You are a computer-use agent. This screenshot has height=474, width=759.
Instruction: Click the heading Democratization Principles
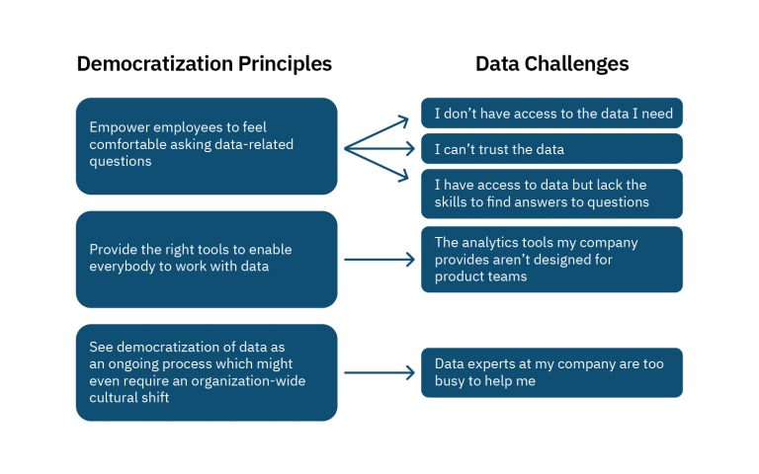tap(205, 64)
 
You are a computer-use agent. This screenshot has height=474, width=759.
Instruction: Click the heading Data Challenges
tap(551, 64)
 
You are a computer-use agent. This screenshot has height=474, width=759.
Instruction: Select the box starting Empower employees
tap(207, 145)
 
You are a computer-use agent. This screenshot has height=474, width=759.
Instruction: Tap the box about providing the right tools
tap(207, 259)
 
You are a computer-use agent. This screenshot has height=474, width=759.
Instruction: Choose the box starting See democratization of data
tap(207, 372)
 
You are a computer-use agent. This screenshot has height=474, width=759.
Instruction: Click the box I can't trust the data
tap(551, 149)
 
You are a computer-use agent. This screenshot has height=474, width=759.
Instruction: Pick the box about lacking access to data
tap(551, 114)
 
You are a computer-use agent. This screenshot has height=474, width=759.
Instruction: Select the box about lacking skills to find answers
tap(551, 194)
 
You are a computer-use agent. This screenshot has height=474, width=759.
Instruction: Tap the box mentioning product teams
tap(551, 260)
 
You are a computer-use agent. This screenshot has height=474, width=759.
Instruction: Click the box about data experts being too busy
tap(551, 372)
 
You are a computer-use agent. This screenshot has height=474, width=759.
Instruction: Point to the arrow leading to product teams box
tap(379, 261)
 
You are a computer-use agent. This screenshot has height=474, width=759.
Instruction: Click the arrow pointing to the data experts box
tap(379, 373)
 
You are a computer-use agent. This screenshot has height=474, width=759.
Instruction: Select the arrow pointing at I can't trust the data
tap(379, 149)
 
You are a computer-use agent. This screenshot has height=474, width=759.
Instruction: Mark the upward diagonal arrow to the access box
tap(379, 132)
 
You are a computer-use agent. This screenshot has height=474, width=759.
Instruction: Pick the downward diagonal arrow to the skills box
tap(379, 165)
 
